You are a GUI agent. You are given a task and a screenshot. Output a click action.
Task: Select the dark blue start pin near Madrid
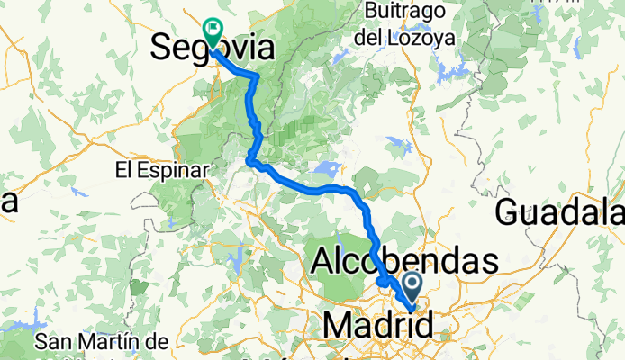(412, 289)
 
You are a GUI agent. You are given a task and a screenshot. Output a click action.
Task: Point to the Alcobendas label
(404, 262)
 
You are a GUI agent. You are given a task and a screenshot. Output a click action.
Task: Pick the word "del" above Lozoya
(385, 39)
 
